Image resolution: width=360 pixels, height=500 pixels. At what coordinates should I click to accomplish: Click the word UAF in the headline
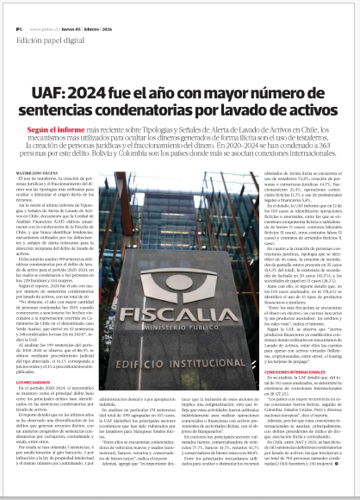pos(46,91)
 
